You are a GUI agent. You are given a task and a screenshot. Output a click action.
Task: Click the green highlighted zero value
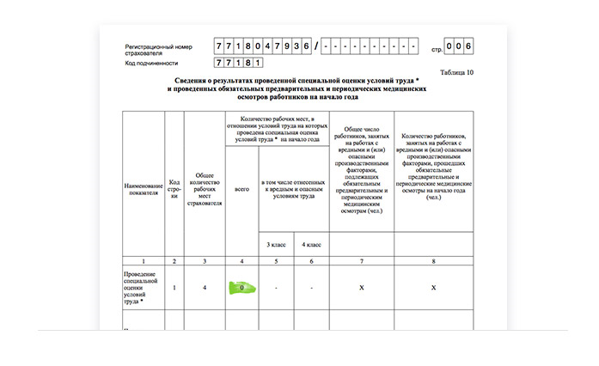(x=243, y=287)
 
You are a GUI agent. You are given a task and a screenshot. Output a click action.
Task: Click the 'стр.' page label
(x=438, y=47)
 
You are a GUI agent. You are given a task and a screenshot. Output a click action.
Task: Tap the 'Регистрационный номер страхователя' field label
(x=158, y=49)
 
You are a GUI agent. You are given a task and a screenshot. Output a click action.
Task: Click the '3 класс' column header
(x=275, y=246)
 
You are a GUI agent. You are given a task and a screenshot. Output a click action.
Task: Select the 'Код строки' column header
(x=174, y=185)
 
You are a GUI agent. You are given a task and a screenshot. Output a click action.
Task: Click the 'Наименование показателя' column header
(x=144, y=185)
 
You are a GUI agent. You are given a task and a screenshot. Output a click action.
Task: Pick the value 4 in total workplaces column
(x=205, y=287)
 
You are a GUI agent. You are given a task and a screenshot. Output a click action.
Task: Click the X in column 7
(x=362, y=287)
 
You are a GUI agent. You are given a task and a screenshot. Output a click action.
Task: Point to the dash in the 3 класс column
(x=275, y=287)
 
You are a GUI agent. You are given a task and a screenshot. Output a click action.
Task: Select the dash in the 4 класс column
(x=311, y=287)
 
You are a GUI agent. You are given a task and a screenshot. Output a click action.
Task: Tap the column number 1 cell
(x=144, y=259)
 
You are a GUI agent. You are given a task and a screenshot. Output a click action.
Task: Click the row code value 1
(x=174, y=287)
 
